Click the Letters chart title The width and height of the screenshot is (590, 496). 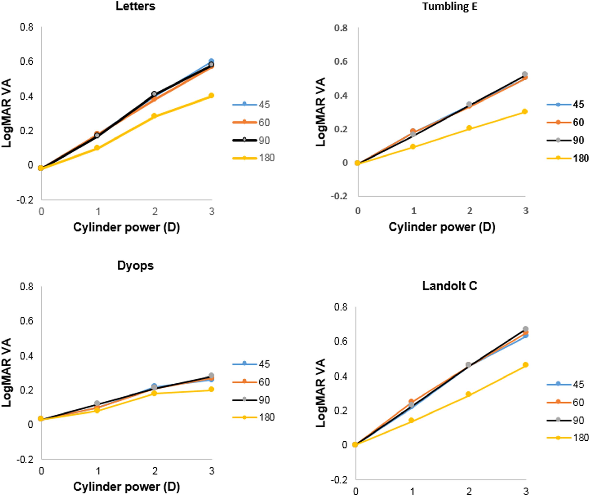135,6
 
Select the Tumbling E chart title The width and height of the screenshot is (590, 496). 450,6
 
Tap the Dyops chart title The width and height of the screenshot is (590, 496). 135,265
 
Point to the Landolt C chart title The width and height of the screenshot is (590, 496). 449,286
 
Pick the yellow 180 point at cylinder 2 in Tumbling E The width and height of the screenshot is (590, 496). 469,128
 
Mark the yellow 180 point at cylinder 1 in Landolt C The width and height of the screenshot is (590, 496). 411,420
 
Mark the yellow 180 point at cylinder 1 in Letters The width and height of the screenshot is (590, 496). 97,148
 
